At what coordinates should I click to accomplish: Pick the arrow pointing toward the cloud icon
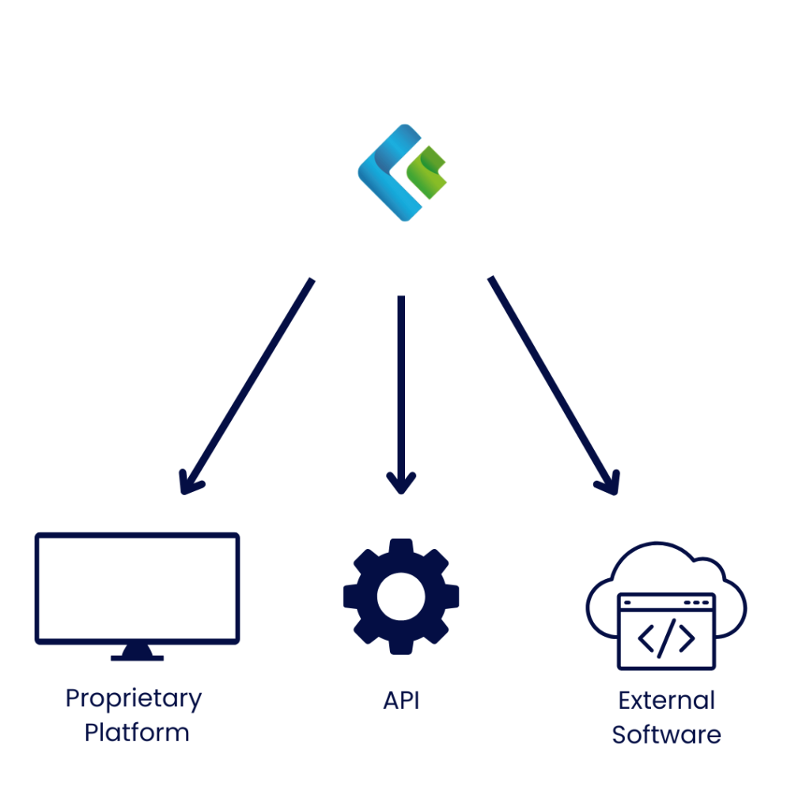(x=554, y=385)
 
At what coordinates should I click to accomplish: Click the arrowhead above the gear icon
(x=401, y=483)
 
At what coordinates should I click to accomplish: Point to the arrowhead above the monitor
(x=189, y=483)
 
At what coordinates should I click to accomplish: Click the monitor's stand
(x=137, y=653)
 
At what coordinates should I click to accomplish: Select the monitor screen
(x=137, y=589)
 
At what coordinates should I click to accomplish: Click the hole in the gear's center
(x=401, y=596)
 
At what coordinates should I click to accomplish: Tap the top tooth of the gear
(x=401, y=547)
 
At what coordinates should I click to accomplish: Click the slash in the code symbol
(x=666, y=638)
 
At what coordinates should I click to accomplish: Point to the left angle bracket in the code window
(x=645, y=638)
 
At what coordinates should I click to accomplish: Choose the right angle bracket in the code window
(x=687, y=638)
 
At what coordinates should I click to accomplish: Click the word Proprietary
(x=134, y=699)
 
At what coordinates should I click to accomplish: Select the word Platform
(x=137, y=732)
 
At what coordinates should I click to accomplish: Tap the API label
(x=401, y=701)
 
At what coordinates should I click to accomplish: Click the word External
(x=666, y=701)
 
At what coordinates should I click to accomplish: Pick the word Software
(x=666, y=734)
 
